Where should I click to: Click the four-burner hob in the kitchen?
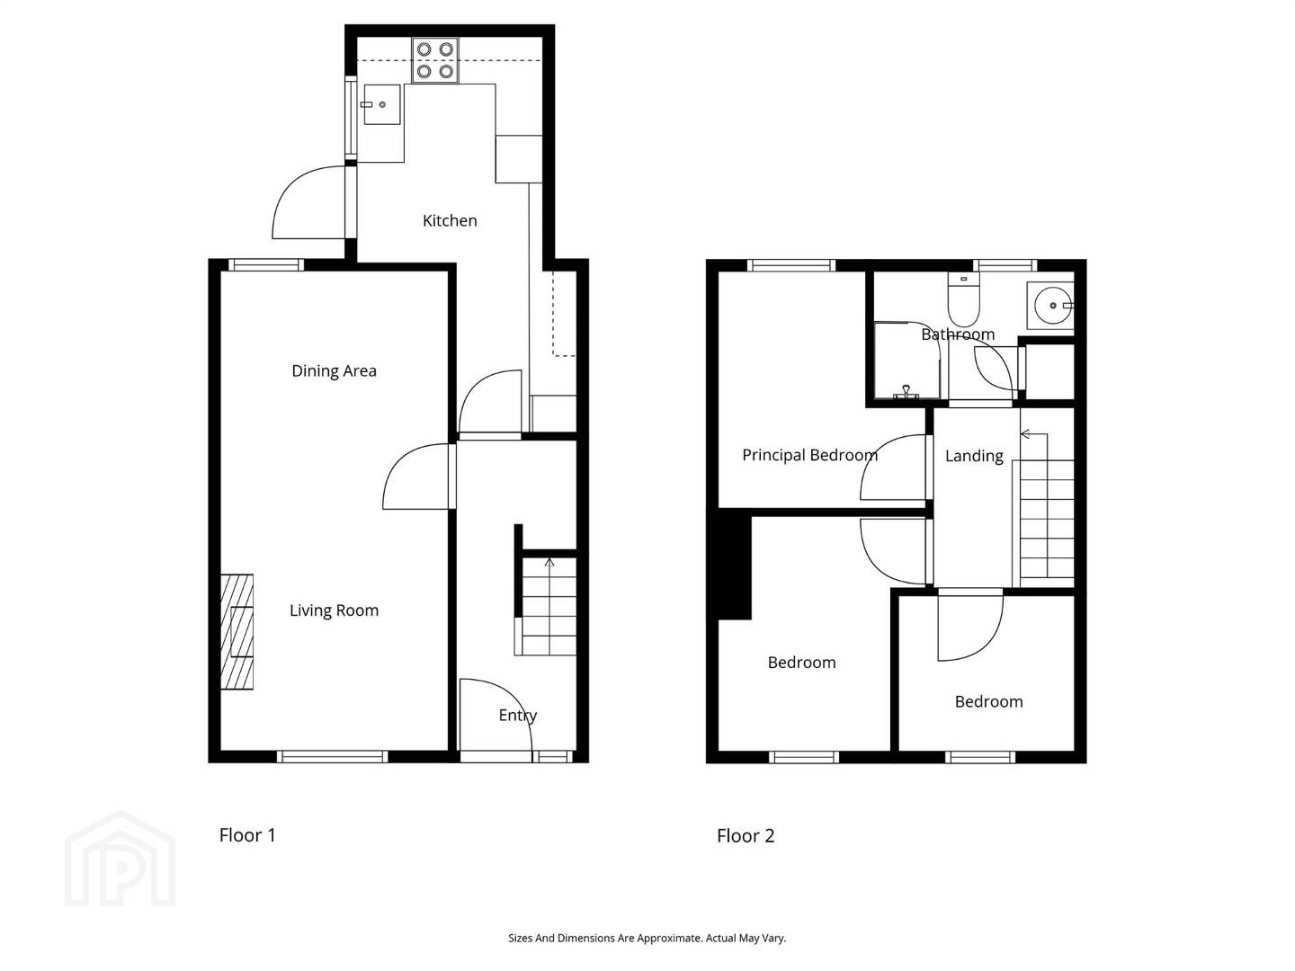tap(434, 61)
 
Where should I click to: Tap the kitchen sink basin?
tap(381, 104)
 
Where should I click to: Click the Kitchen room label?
tap(450, 220)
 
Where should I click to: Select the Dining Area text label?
tap(334, 370)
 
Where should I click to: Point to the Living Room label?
tap(334, 610)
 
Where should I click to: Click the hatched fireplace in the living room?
tap(237, 631)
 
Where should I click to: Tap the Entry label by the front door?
tap(517, 716)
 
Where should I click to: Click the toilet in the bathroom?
tap(963, 298)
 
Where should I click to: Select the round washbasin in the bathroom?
tap(1053, 306)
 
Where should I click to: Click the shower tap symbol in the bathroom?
tap(906, 391)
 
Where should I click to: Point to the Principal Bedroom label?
tap(809, 455)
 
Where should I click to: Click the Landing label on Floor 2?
tap(974, 456)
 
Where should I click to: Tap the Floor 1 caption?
tap(247, 835)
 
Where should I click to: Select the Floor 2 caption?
tap(746, 835)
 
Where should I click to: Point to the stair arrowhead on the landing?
tap(1025, 434)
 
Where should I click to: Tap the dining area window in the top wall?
tap(266, 264)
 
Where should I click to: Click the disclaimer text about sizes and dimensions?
tap(647, 938)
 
